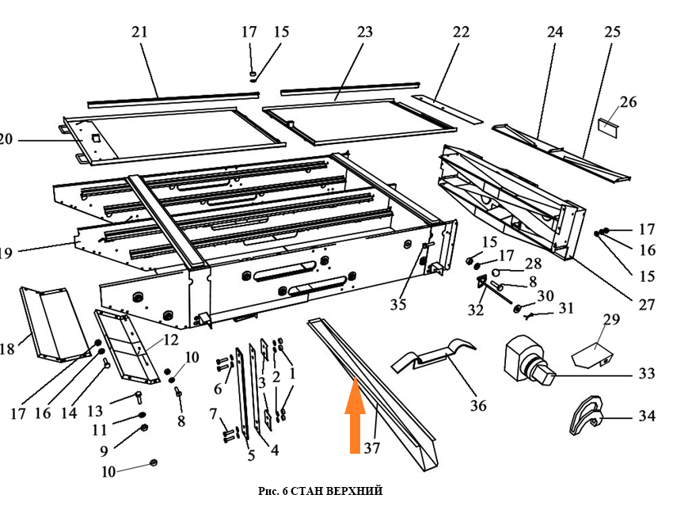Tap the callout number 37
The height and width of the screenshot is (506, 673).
pyautogui.click(x=372, y=448)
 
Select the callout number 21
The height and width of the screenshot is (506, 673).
pyautogui.click(x=140, y=32)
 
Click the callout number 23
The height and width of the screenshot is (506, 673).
pyautogui.click(x=364, y=32)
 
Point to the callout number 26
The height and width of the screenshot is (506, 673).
pyautogui.click(x=628, y=102)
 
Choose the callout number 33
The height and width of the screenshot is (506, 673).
pyautogui.click(x=647, y=373)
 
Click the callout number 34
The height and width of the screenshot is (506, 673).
pyautogui.click(x=647, y=415)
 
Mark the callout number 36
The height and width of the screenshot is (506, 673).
pyautogui.click(x=477, y=405)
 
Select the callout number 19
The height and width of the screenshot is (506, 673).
pyautogui.click(x=6, y=253)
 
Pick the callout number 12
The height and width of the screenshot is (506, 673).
pyautogui.click(x=172, y=341)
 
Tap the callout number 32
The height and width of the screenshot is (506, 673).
pyautogui.click(x=475, y=310)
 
